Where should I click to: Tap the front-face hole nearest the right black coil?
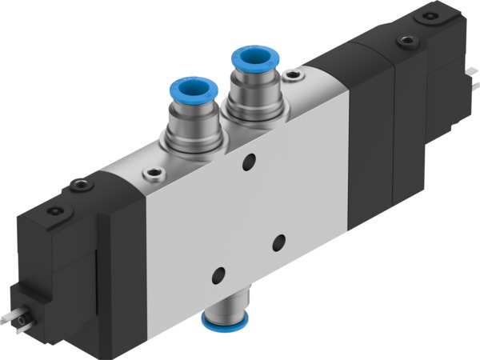[x=279, y=240]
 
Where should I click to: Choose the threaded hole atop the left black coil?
[x=78, y=186]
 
